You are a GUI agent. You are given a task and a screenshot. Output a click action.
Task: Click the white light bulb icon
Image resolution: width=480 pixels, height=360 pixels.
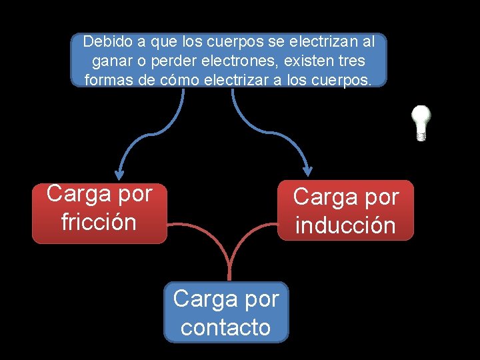click(421, 122)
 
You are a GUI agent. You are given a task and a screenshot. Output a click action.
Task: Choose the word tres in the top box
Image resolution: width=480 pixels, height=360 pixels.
click(351, 61)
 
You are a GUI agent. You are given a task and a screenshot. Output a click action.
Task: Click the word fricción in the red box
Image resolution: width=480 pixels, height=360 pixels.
click(99, 222)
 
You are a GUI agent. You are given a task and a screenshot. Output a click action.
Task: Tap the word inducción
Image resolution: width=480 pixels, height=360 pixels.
click(345, 226)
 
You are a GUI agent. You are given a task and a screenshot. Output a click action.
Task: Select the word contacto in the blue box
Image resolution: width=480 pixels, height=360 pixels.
click(226, 327)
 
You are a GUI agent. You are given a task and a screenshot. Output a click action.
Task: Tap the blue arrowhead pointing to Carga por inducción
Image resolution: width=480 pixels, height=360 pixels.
click(307, 169)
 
